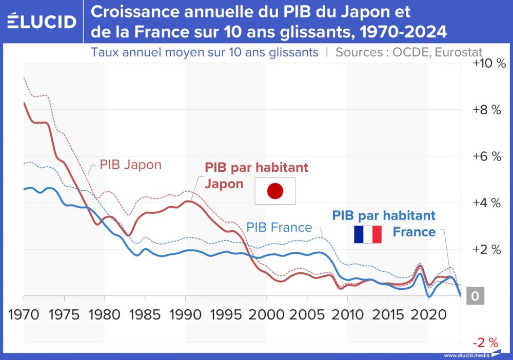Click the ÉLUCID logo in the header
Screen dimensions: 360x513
coord(42,22)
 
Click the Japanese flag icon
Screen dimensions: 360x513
coord(275,191)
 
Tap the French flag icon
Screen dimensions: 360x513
coord(368,234)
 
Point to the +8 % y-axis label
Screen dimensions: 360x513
coord(486,110)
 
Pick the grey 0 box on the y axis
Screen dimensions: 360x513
coord(475,296)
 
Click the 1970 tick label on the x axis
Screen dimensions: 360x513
coord(25,314)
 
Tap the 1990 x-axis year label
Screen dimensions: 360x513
coord(186,314)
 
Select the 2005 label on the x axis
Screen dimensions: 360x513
coord(307,314)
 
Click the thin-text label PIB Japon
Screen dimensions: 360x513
coord(130,165)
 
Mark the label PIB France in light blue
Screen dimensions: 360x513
coord(279,227)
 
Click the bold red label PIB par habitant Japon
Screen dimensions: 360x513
coord(256,175)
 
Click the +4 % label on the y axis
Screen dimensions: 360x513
coord(486,203)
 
